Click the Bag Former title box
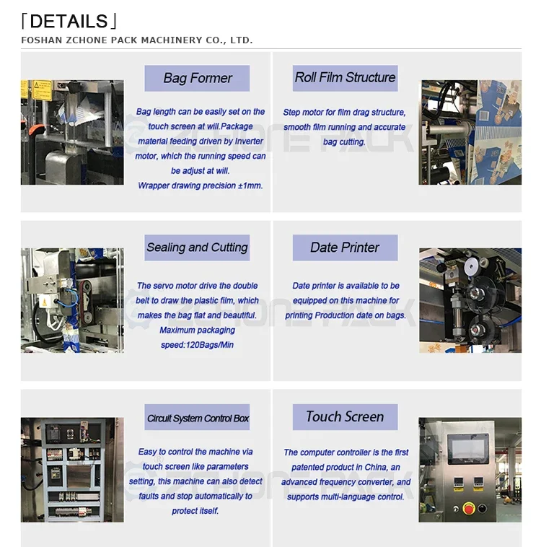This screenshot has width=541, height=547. (197, 78)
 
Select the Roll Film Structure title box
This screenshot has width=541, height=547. (345, 77)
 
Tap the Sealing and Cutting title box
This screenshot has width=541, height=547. (197, 248)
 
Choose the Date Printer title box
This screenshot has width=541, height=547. (345, 248)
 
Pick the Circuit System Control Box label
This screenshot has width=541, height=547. (198, 418)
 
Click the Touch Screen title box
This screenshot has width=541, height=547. (345, 416)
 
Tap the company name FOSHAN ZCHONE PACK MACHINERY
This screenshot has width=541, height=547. (137, 40)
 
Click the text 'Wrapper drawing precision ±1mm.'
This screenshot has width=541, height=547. (200, 185)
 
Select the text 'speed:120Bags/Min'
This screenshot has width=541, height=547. (197, 345)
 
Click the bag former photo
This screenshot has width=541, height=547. (72, 132)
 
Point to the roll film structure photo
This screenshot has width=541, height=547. (470, 132)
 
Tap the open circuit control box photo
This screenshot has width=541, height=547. (72, 470)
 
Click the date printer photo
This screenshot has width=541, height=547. (470, 300)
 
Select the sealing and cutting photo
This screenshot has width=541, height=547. (72, 300)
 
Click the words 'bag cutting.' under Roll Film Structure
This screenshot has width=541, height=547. (344, 142)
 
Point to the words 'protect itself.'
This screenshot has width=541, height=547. (195, 511)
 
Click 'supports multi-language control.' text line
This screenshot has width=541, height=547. (346, 496)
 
